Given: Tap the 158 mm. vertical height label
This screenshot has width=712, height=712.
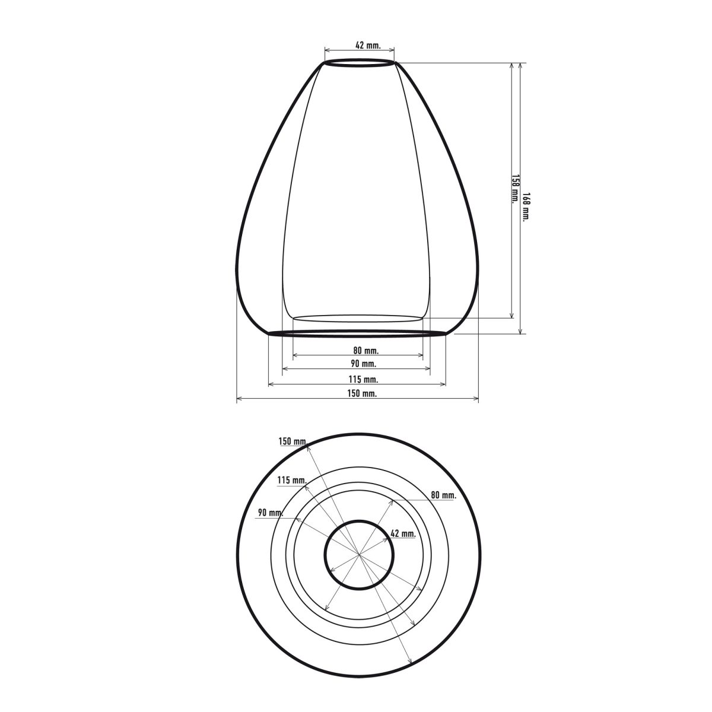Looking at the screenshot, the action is (514, 189).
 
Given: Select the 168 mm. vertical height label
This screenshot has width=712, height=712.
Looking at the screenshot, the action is (526, 207).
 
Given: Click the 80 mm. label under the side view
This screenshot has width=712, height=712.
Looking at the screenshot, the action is (366, 350).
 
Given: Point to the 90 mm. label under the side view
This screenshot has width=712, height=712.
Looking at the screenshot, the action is (364, 364).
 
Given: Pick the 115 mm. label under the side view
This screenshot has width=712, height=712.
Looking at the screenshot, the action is (364, 379).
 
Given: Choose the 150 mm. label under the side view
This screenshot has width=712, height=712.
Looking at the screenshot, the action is (362, 393).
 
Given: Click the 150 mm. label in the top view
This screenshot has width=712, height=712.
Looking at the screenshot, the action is (293, 441).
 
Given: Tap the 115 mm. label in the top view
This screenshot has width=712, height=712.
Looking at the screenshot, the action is (292, 481).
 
